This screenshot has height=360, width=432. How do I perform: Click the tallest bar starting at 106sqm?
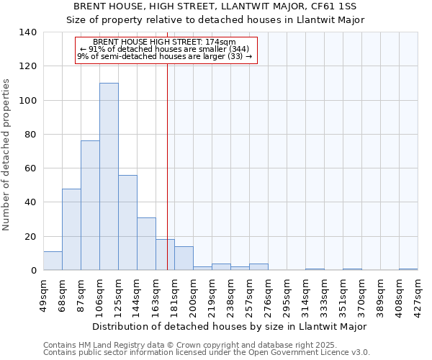(109, 176)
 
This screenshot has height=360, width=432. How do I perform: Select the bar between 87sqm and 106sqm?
(90, 205)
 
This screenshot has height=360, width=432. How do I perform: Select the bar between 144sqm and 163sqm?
(146, 243)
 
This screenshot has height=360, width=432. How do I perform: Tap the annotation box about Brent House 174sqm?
(166, 50)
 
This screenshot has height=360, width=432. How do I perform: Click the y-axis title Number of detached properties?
(7, 155)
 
